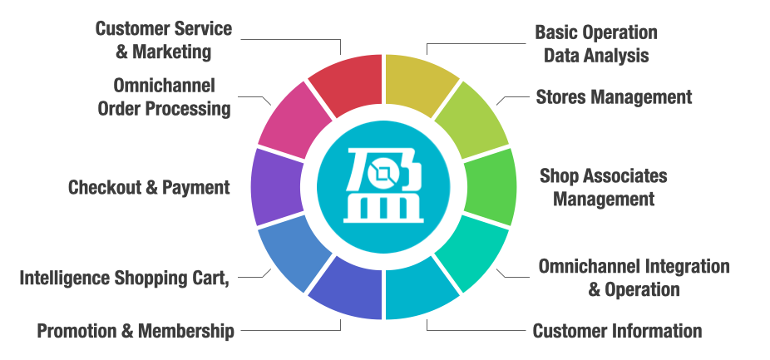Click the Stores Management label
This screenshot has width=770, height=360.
[614, 97]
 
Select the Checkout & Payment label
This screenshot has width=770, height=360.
[149, 187]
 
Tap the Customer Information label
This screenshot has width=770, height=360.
[617, 331]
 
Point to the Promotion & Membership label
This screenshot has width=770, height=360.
[136, 331]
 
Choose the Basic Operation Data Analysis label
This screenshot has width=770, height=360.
[596, 44]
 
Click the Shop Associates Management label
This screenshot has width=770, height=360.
[604, 187]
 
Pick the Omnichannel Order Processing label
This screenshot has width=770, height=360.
[164, 96]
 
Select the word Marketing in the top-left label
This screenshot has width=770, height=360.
[175, 52]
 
